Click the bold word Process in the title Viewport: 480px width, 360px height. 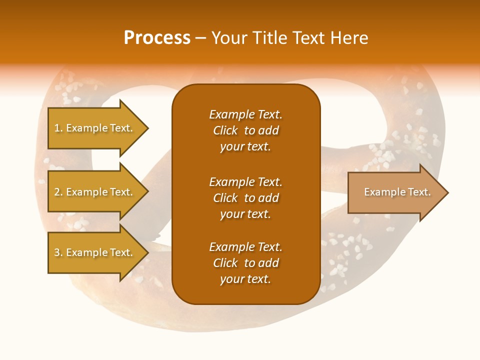coord(157,38)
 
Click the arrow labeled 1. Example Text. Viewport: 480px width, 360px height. coord(93,128)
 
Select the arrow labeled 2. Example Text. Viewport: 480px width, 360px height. coord(93,192)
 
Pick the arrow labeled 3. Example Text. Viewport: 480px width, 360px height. coord(93,252)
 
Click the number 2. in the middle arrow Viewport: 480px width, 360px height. coord(58,192)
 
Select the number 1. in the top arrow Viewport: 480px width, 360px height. coord(58,128)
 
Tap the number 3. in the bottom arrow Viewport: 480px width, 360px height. coord(58,252)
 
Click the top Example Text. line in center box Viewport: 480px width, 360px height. coord(245,114)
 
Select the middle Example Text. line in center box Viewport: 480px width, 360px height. coord(245,182)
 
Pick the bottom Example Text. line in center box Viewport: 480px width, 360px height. coord(245,247)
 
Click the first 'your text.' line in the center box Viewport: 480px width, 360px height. coord(245,147)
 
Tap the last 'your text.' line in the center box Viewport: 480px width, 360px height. coord(245,279)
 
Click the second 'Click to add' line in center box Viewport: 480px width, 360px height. coord(245,198)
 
